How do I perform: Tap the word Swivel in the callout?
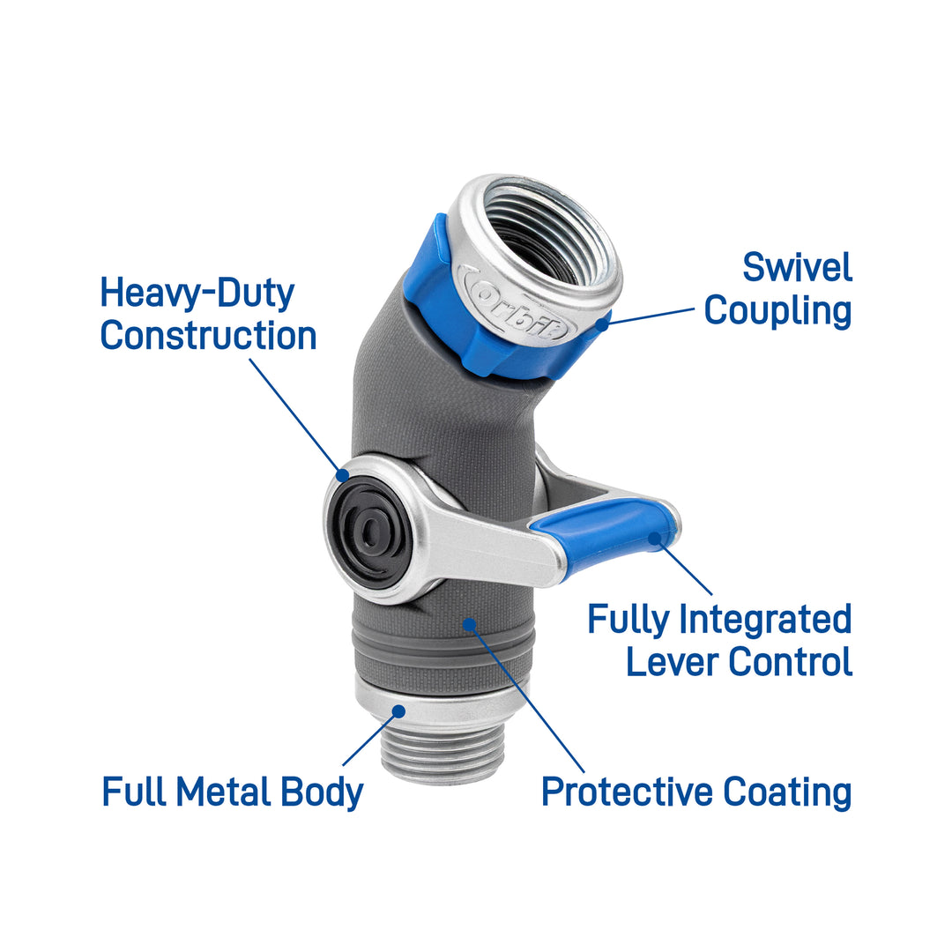click(x=797, y=267)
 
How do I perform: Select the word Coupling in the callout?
click(x=778, y=310)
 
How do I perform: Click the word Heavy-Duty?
click(x=197, y=293)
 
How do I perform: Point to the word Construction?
click(x=208, y=336)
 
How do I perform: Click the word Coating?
click(x=787, y=792)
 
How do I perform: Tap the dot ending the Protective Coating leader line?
click(x=470, y=624)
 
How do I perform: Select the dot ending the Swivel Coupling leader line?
click(x=604, y=324)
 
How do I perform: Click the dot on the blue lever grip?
click(x=654, y=535)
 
